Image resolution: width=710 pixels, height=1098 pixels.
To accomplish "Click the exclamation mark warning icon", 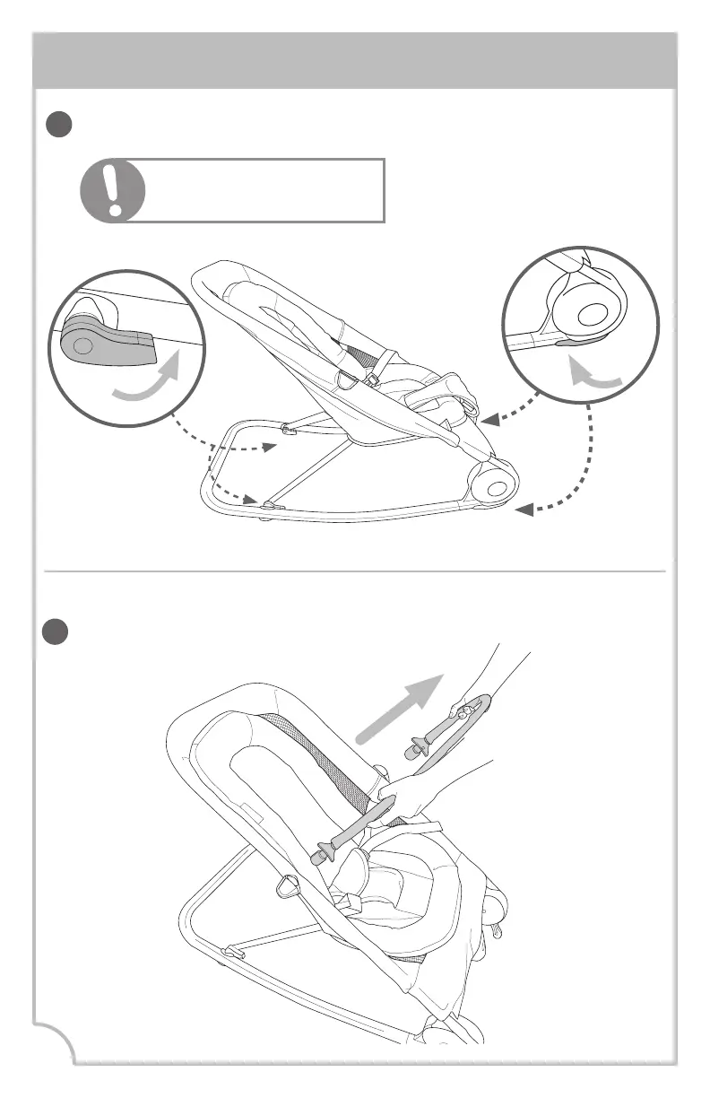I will (x=112, y=191).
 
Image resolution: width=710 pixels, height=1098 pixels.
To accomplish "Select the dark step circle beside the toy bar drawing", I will (x=61, y=631).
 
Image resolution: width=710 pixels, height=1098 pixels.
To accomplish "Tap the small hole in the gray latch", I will (x=81, y=344).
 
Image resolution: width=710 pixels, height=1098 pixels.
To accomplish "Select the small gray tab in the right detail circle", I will (x=569, y=342).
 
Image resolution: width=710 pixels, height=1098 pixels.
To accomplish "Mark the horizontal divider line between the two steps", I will (x=355, y=571).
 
